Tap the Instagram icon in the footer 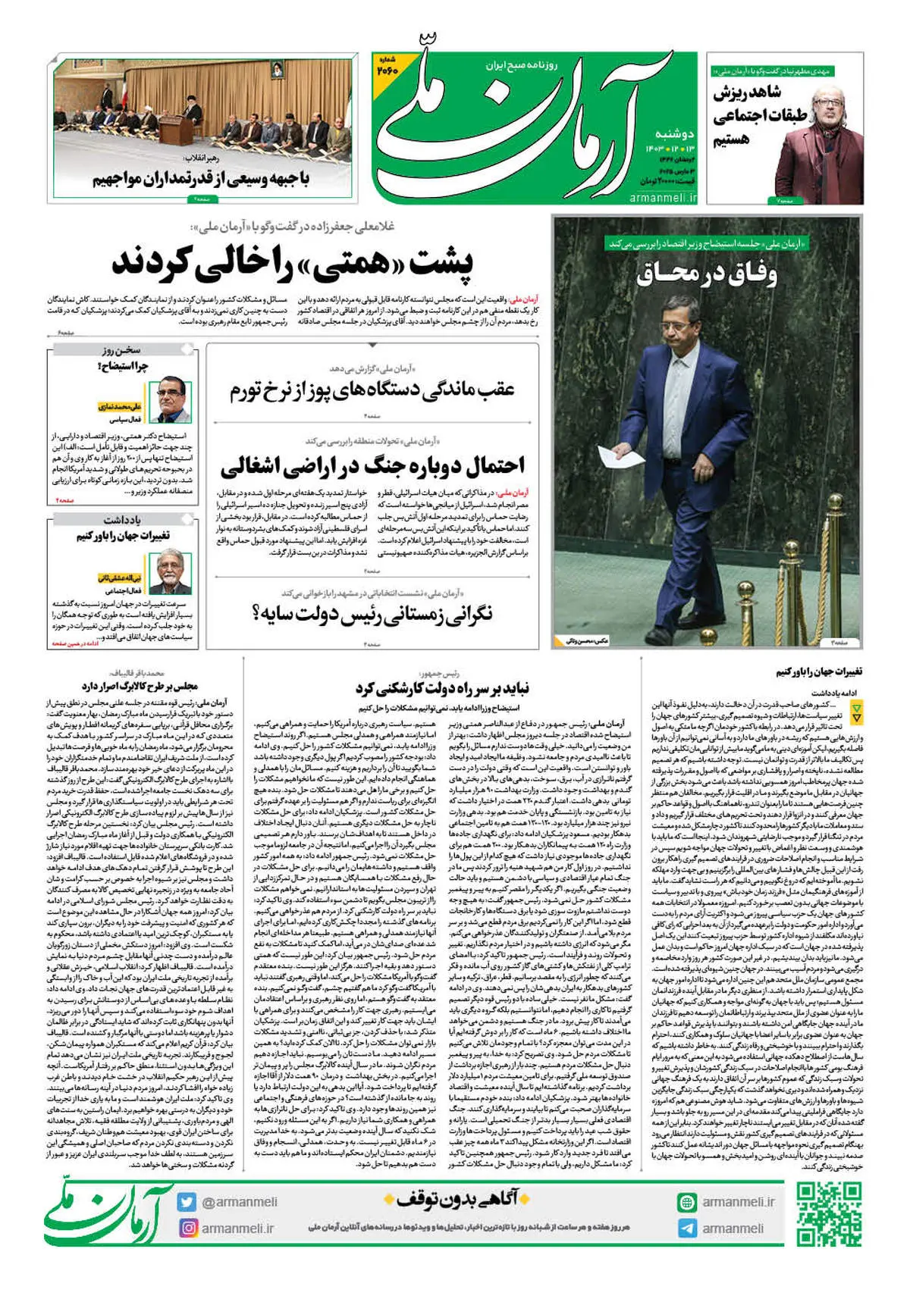click(x=187, y=1228)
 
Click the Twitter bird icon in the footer click(x=187, y=1202)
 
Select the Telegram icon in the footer click(x=687, y=1229)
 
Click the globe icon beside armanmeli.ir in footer click(x=687, y=1202)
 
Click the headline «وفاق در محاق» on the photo click(x=706, y=273)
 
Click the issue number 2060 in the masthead click(x=388, y=69)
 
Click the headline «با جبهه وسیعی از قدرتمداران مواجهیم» click(x=201, y=179)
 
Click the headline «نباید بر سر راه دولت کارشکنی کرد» click(x=442, y=688)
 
